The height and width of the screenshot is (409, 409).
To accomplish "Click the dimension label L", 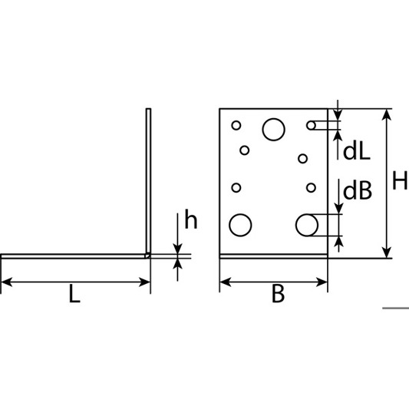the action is [x=74, y=294].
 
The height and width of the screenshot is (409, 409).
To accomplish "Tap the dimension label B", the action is [x=278, y=294].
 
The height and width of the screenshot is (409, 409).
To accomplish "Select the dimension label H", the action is [x=400, y=180].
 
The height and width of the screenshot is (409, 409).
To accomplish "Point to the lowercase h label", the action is [x=191, y=219].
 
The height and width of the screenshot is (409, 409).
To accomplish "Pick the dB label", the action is [x=358, y=190].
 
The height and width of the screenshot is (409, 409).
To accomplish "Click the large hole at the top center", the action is [x=274, y=130].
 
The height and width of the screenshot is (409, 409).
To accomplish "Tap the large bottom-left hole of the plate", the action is [x=240, y=225].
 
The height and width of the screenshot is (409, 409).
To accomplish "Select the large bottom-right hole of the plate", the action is [x=307, y=225].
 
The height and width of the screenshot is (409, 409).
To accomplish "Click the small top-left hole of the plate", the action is [x=236, y=125].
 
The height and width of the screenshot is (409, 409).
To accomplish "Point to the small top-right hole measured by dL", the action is [x=312, y=126].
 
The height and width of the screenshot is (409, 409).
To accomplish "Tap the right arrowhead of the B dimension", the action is [x=322, y=282].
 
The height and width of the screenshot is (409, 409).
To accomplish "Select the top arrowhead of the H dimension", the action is [x=387, y=114].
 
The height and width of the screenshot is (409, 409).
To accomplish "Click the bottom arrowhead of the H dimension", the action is [x=387, y=252].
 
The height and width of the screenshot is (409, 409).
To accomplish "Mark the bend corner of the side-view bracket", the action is [x=148, y=256].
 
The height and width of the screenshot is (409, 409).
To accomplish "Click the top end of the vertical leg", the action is [x=148, y=109].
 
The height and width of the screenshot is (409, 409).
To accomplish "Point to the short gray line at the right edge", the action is [x=396, y=308].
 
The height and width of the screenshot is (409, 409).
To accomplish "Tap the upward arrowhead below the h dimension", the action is [x=177, y=264].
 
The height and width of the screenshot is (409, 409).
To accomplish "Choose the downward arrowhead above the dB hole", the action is [x=338, y=208].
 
